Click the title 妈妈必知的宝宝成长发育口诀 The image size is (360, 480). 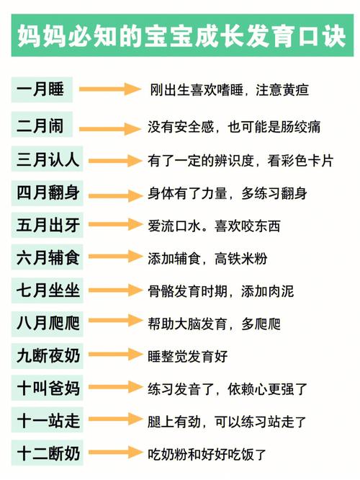(181, 37)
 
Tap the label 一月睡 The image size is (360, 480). (40, 89)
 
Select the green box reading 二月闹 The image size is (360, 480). (42, 124)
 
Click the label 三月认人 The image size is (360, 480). (48, 159)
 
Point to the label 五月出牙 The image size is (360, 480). (48, 225)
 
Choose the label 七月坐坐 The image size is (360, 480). (48, 290)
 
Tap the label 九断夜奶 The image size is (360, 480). (48, 356)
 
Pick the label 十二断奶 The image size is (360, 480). (48, 453)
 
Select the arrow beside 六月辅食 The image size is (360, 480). (116, 257)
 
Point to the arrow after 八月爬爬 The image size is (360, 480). (116, 321)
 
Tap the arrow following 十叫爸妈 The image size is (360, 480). (116, 387)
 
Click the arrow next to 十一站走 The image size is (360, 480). (116, 419)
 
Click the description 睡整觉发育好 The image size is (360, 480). (187, 356)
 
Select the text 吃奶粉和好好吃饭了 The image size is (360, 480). (207, 454)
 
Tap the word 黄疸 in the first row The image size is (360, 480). (295, 90)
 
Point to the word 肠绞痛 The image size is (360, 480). (300, 127)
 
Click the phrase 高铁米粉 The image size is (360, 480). (240, 259)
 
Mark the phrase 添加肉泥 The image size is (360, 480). (267, 291)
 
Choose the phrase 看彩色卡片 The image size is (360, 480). (300, 161)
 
